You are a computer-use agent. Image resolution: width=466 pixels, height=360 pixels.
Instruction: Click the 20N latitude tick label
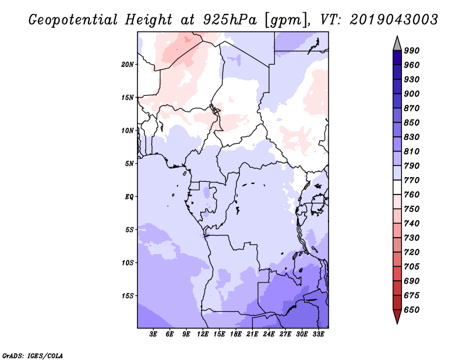pos(128,64)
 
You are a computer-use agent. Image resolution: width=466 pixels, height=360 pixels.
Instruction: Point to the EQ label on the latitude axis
pos(129,196)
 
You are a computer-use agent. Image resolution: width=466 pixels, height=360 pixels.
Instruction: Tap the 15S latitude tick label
pos(128,295)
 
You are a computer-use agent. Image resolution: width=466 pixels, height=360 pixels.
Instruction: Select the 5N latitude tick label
pos(129,163)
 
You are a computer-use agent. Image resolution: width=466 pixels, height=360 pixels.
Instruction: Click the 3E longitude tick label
pos(154,334)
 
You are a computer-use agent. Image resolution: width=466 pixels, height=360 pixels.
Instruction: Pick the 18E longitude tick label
pos(236,334)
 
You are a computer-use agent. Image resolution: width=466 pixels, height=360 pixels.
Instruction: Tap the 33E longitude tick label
pos(318,334)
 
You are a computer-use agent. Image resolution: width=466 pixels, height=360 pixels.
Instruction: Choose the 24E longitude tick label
pos(269,334)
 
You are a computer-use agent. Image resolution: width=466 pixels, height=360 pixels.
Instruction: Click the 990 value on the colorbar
pos(412,51)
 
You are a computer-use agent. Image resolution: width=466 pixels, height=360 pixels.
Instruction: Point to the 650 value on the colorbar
pos(412,310)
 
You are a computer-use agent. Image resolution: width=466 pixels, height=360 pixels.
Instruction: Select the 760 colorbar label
pos(412,195)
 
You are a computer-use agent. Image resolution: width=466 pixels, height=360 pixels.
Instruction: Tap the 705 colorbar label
pos(412,267)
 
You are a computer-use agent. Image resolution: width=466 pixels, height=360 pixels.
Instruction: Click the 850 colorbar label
pos(412,122)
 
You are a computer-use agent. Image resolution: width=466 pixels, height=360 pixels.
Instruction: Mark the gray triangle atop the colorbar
pos(397,43)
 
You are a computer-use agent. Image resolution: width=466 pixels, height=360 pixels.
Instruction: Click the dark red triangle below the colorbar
pos(397,316)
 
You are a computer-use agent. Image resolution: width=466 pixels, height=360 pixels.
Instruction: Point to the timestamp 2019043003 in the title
pos(394,20)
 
